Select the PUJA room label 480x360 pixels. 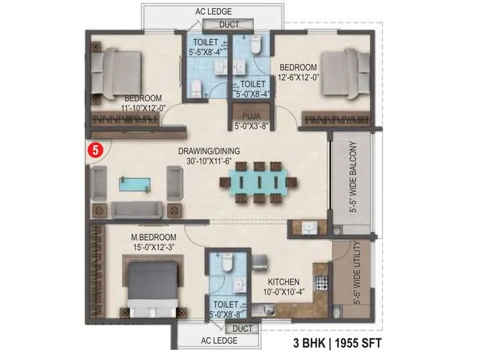click(250, 116)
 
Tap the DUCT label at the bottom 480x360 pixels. click(242, 329)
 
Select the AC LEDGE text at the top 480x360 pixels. click(214, 11)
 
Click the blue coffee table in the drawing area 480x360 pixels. click(135, 184)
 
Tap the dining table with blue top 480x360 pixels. click(258, 182)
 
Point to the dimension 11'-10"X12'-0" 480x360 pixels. click(143, 109)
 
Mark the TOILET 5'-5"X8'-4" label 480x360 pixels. click(206, 47)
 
